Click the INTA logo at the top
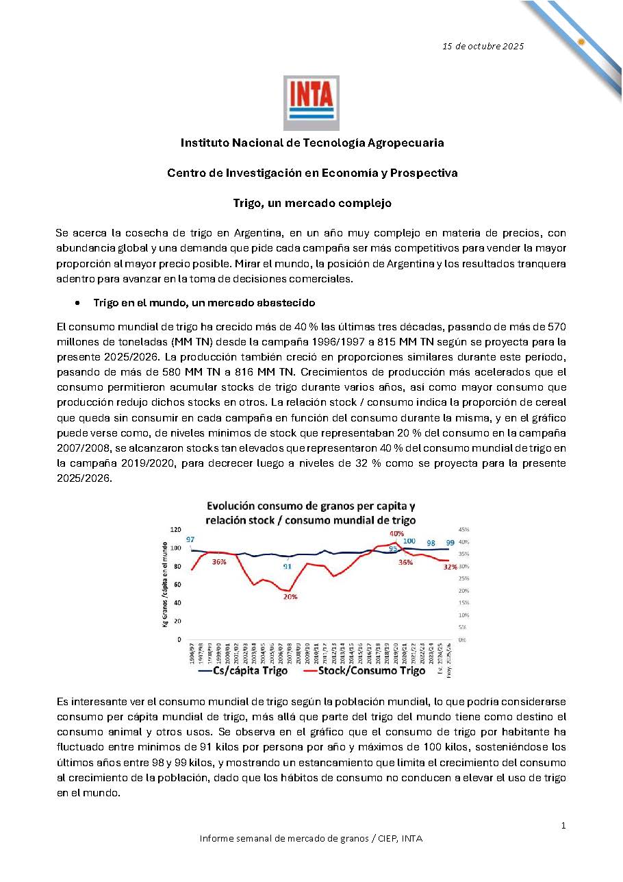pyautogui.click(x=311, y=103)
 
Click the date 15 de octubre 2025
pyautogui.click(x=483, y=46)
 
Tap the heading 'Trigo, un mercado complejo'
pyautogui.click(x=312, y=203)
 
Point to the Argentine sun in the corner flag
pyautogui.click(x=581, y=41)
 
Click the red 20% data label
pyautogui.click(x=290, y=597)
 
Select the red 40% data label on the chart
pyautogui.click(x=396, y=533)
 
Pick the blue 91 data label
pyautogui.click(x=287, y=566)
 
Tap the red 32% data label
pyautogui.click(x=450, y=567)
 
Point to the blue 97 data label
pyautogui.click(x=190, y=539)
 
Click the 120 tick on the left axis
pyautogui.click(x=175, y=530)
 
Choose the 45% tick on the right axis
pyautogui.click(x=463, y=530)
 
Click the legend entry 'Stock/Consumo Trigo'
pyautogui.click(x=362, y=671)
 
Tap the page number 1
pyautogui.click(x=563, y=826)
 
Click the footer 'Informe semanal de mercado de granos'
pyautogui.click(x=311, y=839)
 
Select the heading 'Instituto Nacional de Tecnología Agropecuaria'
pyautogui.click(x=312, y=143)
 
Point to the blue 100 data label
pyautogui.click(x=409, y=541)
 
